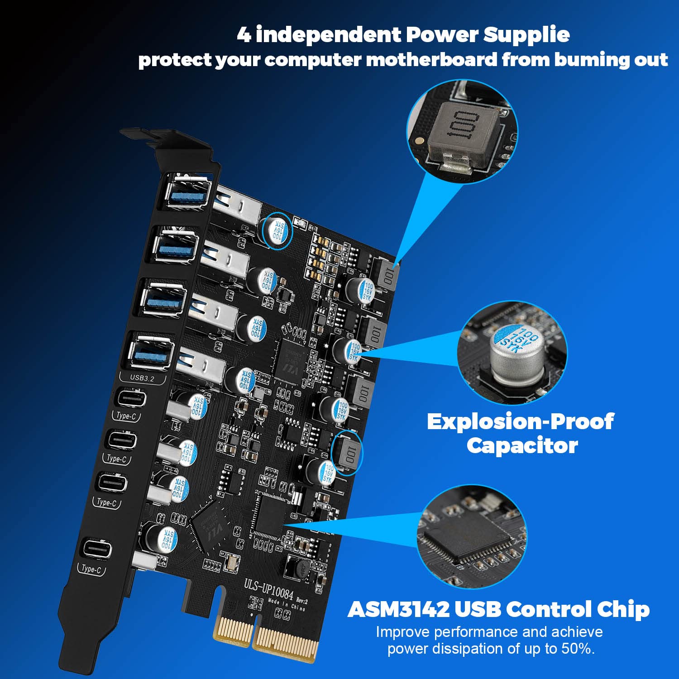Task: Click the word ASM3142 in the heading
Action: pos(398,609)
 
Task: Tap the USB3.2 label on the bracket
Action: pos(142,378)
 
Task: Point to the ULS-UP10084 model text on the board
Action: pos(268,588)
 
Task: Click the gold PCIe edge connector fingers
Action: pos(267,636)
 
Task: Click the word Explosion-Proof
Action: pos(520,421)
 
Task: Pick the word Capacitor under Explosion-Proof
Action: pos(522,446)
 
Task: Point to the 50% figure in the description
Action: pos(577,649)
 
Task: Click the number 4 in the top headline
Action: pos(244,35)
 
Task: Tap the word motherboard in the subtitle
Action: pos(431,60)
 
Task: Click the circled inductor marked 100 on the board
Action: pos(348,453)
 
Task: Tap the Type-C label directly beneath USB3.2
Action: pos(126,416)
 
